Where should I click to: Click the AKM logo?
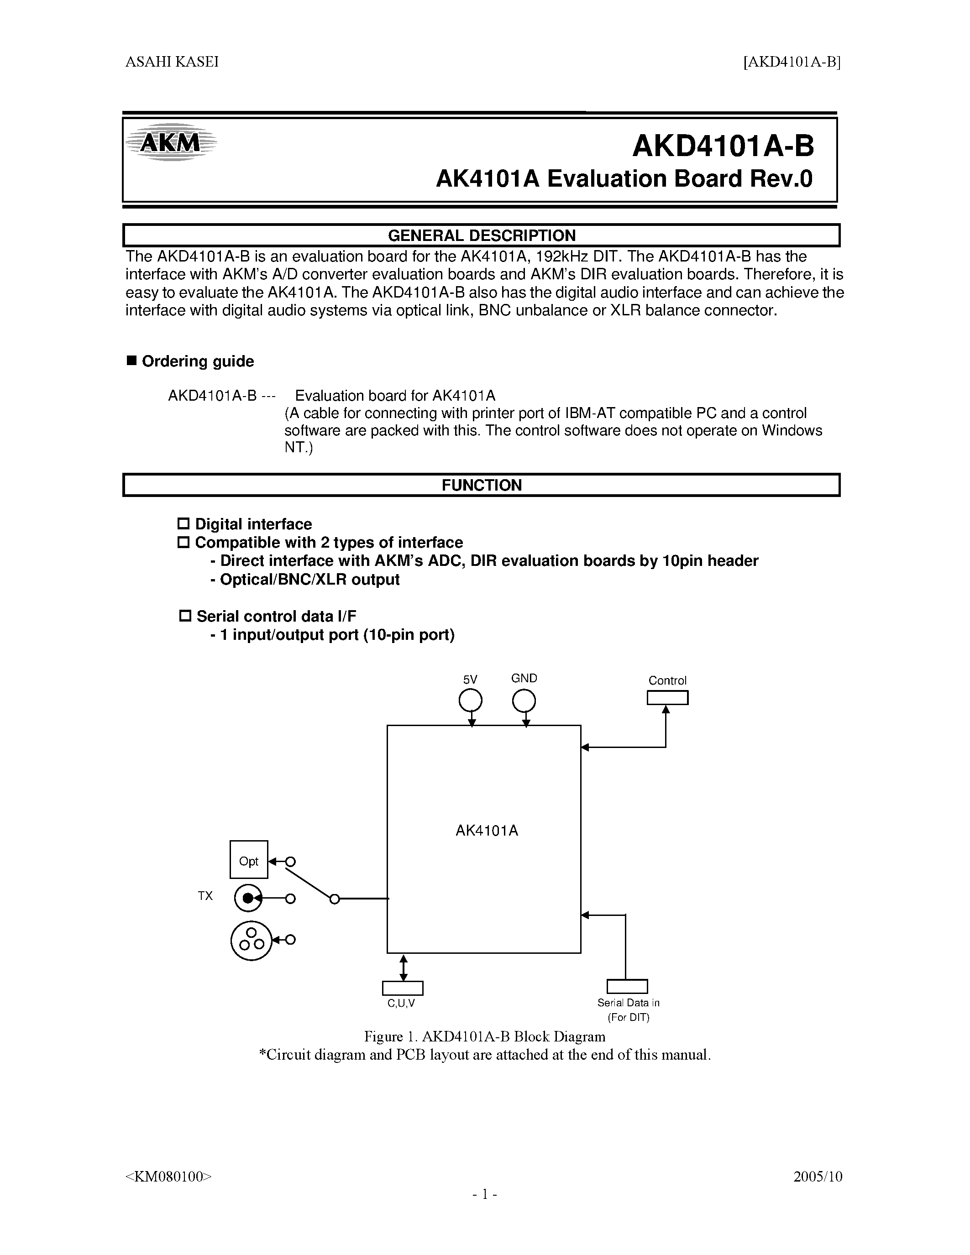coord(171,142)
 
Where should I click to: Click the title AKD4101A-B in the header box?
coord(723,146)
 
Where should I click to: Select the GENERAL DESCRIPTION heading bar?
coord(482,235)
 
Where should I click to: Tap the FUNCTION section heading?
coord(482,485)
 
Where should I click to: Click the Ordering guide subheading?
coord(197,361)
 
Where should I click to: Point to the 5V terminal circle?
coord(470,701)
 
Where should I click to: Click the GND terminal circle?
coord(524,701)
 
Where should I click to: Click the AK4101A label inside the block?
coord(487,831)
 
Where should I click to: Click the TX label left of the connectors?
coord(205,896)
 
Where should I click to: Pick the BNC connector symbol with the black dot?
coord(248,898)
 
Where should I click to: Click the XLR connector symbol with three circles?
coord(251,940)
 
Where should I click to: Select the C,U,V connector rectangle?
coord(402,988)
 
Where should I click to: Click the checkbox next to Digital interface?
coord(184,523)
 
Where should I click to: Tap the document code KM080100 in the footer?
coord(168,1176)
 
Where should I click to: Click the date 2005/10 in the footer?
coord(817,1176)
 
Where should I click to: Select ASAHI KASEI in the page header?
coord(172,62)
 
